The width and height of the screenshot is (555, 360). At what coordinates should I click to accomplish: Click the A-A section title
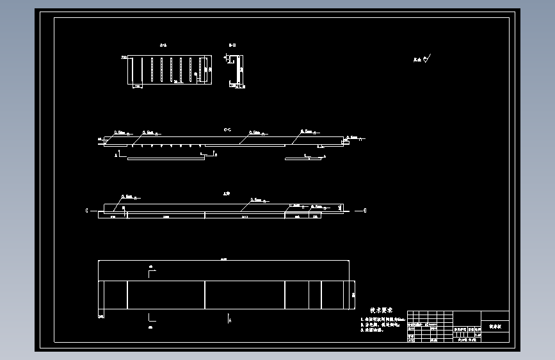[x=163, y=45]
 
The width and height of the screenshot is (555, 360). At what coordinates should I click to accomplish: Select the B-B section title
[x=232, y=45]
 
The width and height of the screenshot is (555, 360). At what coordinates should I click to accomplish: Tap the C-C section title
[x=227, y=129]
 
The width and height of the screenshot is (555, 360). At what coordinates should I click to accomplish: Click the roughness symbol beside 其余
[x=428, y=59]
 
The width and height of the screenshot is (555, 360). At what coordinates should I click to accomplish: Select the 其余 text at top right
[x=417, y=60]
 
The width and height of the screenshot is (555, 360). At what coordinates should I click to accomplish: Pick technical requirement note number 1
[x=383, y=318]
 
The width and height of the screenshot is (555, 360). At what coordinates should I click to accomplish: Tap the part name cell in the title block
[x=496, y=326]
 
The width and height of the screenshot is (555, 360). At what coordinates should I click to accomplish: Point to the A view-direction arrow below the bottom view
[x=229, y=318]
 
